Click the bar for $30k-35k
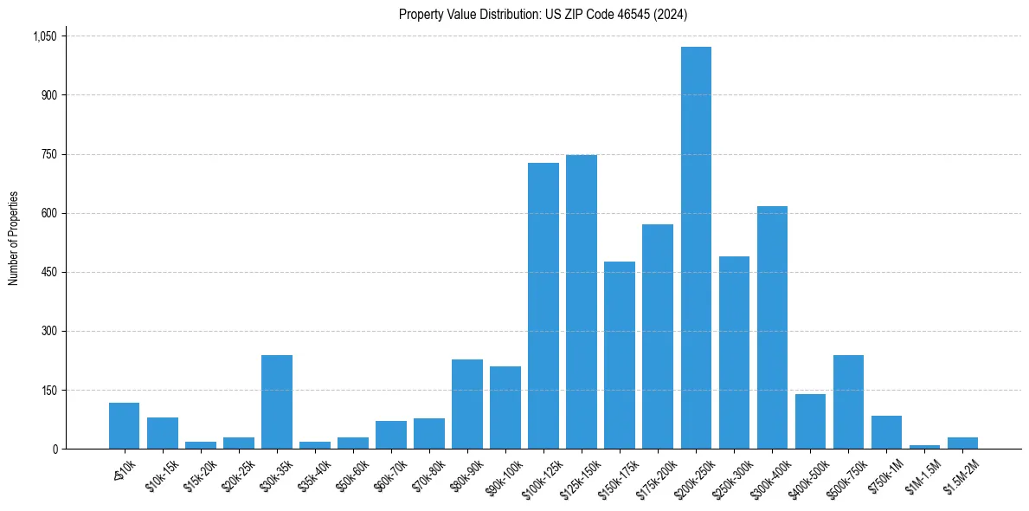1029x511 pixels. pyautogui.click(x=277, y=402)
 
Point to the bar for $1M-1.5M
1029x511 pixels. pyautogui.click(x=924, y=446)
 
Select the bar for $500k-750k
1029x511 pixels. pyautogui.click(x=848, y=402)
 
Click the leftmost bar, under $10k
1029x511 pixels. pyautogui.click(x=125, y=425)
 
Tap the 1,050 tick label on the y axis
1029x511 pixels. pyautogui.click(x=44, y=36)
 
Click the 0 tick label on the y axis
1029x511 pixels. pyautogui.click(x=55, y=449)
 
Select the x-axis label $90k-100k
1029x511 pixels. pyautogui.click(x=503, y=474)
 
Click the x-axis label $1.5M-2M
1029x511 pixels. pyautogui.click(x=960, y=474)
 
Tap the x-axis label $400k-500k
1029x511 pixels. pyautogui.click(x=807, y=475)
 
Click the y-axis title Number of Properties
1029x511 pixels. pyautogui.click(x=13, y=238)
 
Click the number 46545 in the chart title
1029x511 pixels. pyautogui.click(x=625, y=14)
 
